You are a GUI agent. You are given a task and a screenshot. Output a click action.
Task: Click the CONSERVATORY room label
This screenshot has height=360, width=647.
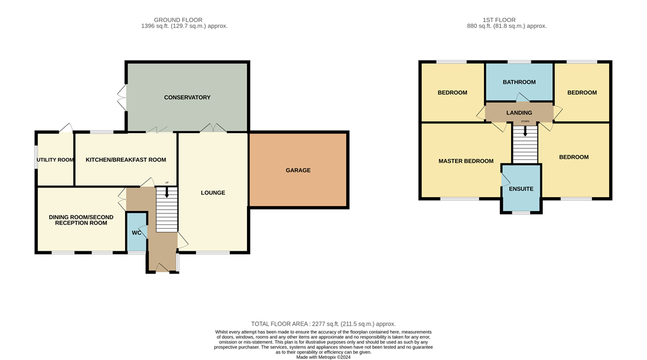tap(187, 97)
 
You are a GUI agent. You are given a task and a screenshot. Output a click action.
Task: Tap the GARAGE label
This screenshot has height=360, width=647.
tap(298, 170)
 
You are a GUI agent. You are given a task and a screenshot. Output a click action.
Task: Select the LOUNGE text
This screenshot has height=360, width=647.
tap(213, 193)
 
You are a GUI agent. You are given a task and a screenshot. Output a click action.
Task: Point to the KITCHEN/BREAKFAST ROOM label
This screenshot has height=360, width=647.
tap(126, 160)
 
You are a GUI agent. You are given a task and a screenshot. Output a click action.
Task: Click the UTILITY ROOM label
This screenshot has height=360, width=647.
tap(56, 160)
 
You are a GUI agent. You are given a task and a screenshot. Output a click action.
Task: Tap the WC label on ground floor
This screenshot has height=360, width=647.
tap(136, 232)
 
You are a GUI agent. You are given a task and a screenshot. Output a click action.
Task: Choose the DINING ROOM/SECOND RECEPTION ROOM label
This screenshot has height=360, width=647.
tap(82, 220)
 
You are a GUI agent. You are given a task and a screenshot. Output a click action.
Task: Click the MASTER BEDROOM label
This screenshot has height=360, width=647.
tap(466, 161)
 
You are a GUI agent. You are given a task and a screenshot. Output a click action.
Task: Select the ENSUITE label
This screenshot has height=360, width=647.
tap(521, 189)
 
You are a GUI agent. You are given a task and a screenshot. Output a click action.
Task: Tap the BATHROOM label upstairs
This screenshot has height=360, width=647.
tap(519, 82)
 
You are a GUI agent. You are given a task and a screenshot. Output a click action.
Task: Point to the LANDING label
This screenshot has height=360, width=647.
tap(519, 112)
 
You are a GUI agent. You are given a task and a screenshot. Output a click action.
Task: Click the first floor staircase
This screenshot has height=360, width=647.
tap(524, 144)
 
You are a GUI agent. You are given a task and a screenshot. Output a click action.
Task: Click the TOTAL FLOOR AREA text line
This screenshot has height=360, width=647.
tap(323, 324)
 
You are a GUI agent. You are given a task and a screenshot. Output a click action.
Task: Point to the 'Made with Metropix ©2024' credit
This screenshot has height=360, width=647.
tap(323, 357)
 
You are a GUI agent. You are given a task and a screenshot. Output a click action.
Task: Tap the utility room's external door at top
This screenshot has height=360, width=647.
tap(65, 129)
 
